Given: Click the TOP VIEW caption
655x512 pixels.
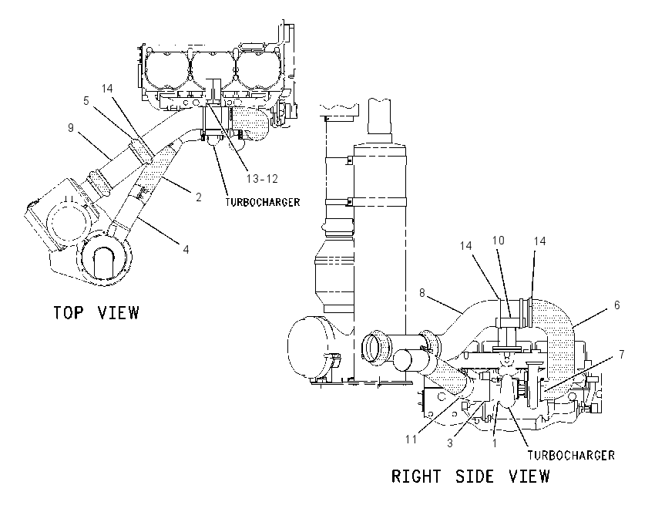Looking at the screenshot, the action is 96,312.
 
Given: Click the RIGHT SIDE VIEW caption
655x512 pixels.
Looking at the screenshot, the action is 470,477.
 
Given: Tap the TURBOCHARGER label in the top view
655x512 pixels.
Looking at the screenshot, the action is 263,202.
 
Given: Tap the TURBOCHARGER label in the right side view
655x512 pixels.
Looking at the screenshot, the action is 571,455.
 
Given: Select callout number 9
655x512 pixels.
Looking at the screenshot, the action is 71,127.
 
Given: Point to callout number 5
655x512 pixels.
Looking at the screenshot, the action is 86,101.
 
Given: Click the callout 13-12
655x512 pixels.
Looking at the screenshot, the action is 262,179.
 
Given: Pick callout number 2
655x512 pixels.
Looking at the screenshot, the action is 198,197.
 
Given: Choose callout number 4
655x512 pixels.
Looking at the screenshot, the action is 186,250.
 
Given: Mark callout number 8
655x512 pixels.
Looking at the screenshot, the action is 422,293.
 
